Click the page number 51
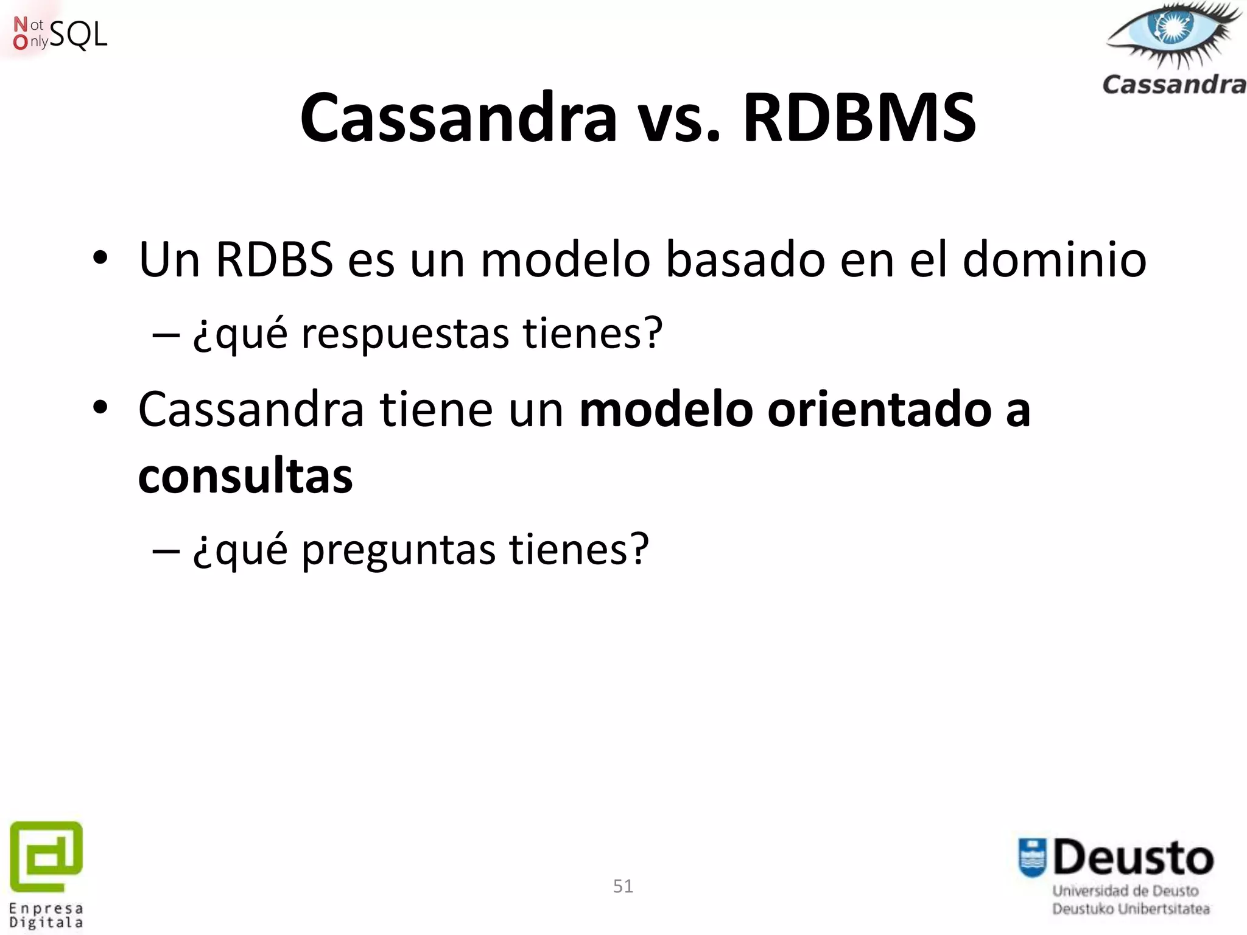coord(623,886)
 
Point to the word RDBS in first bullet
coord(274,260)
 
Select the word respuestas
coord(405,335)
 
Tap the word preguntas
coord(398,550)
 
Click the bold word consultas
coord(245,476)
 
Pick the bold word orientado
coord(879,410)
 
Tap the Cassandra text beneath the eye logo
coord(1174,85)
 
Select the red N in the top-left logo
coord(20,24)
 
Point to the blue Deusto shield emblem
coord(1033,858)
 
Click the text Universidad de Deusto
coord(1125,891)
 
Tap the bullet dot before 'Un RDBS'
coord(100,259)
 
